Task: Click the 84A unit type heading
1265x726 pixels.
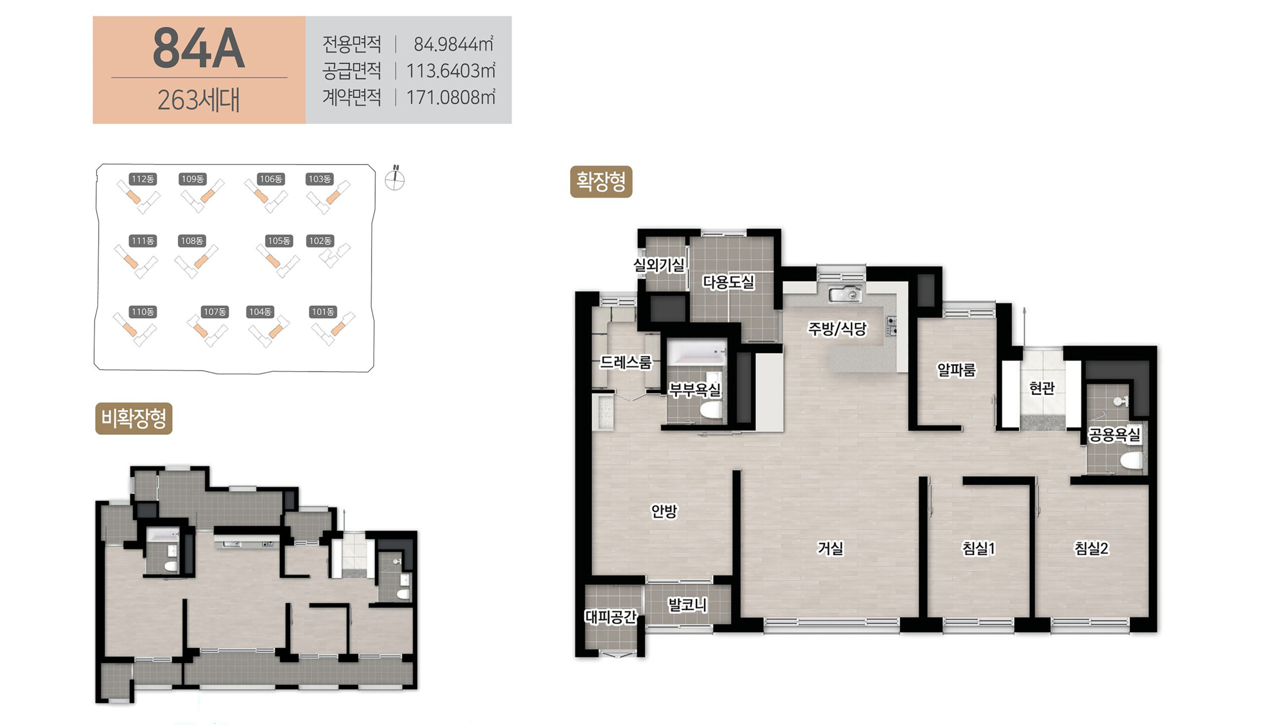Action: pos(198,48)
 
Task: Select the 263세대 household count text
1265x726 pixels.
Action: pos(198,100)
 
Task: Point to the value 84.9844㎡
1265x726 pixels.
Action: pos(454,44)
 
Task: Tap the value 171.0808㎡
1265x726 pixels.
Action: pos(451,97)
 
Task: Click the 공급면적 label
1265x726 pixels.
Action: pos(352,71)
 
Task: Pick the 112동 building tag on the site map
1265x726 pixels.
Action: pos(142,179)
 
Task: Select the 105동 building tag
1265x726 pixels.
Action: pos(279,241)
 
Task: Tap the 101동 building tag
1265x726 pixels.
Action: pos(323,312)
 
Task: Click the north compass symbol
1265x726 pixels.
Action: pos(395,178)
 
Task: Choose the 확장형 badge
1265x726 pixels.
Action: pos(601,181)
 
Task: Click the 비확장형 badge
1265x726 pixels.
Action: pos(133,418)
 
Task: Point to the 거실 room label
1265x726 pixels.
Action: pos(830,549)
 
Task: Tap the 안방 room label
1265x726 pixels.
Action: pos(665,511)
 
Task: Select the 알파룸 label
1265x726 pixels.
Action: pos(957,370)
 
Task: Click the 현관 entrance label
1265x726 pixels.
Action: pos(1042,388)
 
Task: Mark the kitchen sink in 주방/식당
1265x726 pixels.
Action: pos(845,294)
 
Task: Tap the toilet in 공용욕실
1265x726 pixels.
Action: pos(1132,460)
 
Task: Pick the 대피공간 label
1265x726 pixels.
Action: pos(611,617)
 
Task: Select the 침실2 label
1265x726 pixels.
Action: pos(1092,549)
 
